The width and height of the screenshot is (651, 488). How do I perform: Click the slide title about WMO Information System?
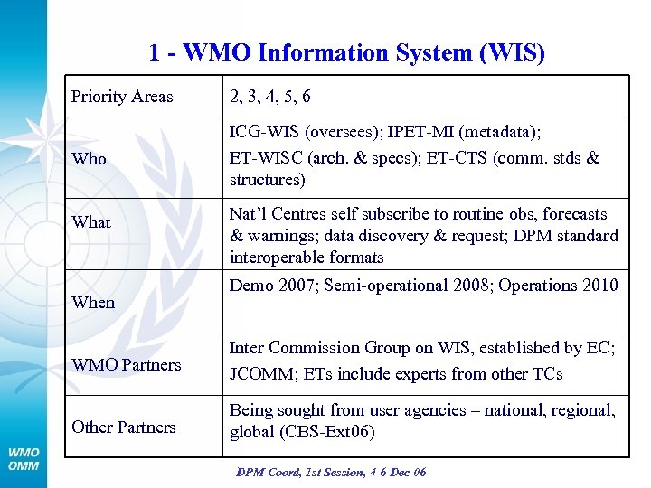coord(347,52)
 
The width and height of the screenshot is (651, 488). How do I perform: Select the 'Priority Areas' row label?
coord(122,96)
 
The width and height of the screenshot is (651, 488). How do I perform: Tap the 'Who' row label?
coord(90,158)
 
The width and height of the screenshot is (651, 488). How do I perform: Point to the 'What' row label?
coord(91,221)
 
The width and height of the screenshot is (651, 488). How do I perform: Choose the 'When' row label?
coord(93,302)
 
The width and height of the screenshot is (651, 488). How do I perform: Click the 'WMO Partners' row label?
coord(127,364)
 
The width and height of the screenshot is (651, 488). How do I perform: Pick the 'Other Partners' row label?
coord(124,427)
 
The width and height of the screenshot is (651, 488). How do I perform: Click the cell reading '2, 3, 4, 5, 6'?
coord(270,96)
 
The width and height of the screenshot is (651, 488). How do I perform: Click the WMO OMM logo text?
coord(24,458)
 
